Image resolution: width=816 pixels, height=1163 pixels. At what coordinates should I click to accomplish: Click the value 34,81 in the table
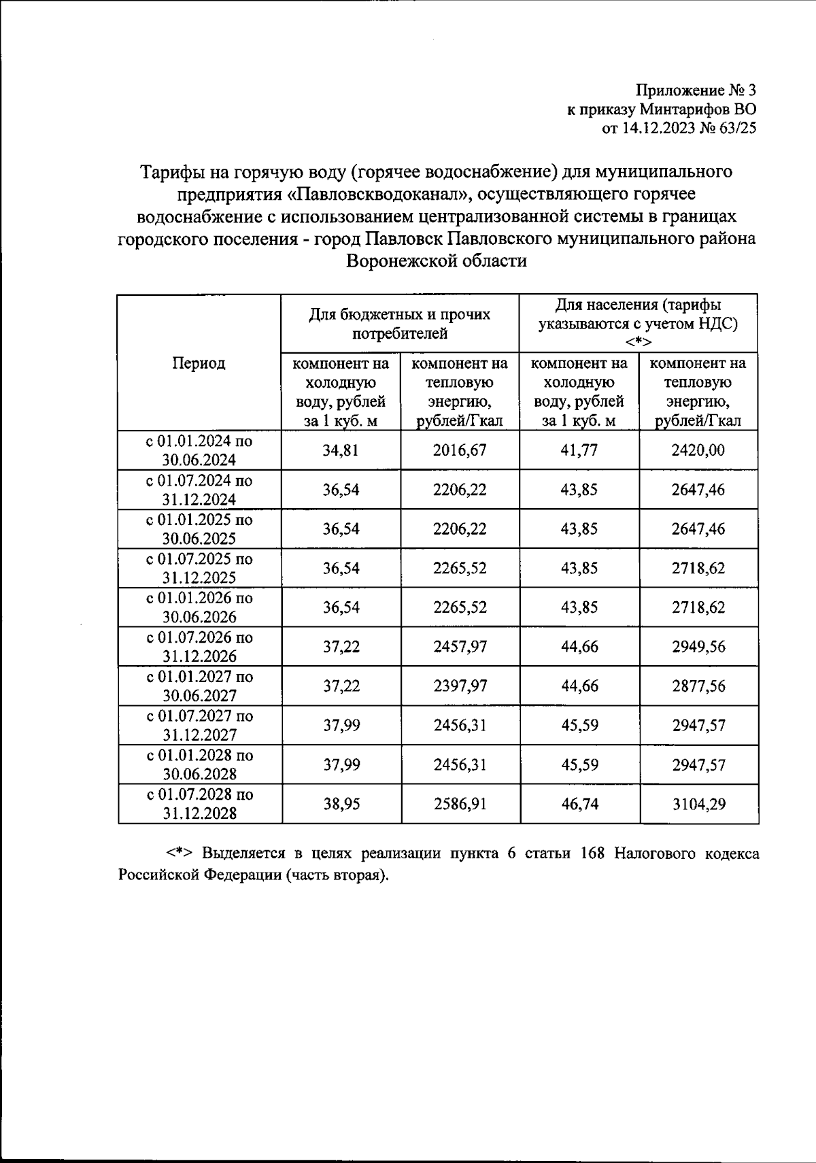coord(341,450)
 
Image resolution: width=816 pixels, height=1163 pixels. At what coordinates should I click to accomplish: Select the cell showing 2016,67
coord(460,450)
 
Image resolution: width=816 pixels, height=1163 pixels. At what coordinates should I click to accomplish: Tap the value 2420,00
coord(698,450)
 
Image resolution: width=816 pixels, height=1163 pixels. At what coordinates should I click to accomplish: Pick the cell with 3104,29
coord(698,804)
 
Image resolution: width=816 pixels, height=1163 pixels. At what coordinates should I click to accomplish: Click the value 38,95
coord(341,804)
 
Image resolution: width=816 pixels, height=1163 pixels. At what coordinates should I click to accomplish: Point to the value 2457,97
coord(460,646)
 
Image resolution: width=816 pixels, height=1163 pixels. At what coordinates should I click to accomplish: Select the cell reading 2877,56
coord(698,686)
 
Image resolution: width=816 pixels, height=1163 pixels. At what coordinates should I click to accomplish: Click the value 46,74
coord(579,804)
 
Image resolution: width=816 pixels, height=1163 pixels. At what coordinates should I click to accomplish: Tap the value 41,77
coord(579,450)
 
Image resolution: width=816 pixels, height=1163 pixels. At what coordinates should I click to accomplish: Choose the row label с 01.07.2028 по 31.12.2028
coord(199,804)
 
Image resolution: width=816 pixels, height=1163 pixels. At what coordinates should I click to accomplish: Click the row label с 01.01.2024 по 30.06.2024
coord(199,450)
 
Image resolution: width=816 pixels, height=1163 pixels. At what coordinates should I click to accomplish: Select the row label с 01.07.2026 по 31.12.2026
coord(199,646)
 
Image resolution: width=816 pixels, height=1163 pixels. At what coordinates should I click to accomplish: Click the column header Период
coord(199,363)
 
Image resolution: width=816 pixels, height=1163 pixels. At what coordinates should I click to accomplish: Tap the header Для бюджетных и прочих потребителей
coord(400,324)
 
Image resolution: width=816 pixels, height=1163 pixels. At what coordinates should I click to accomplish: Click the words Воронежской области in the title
coord(437,260)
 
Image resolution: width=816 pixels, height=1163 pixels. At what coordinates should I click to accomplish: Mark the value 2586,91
coord(460,804)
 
